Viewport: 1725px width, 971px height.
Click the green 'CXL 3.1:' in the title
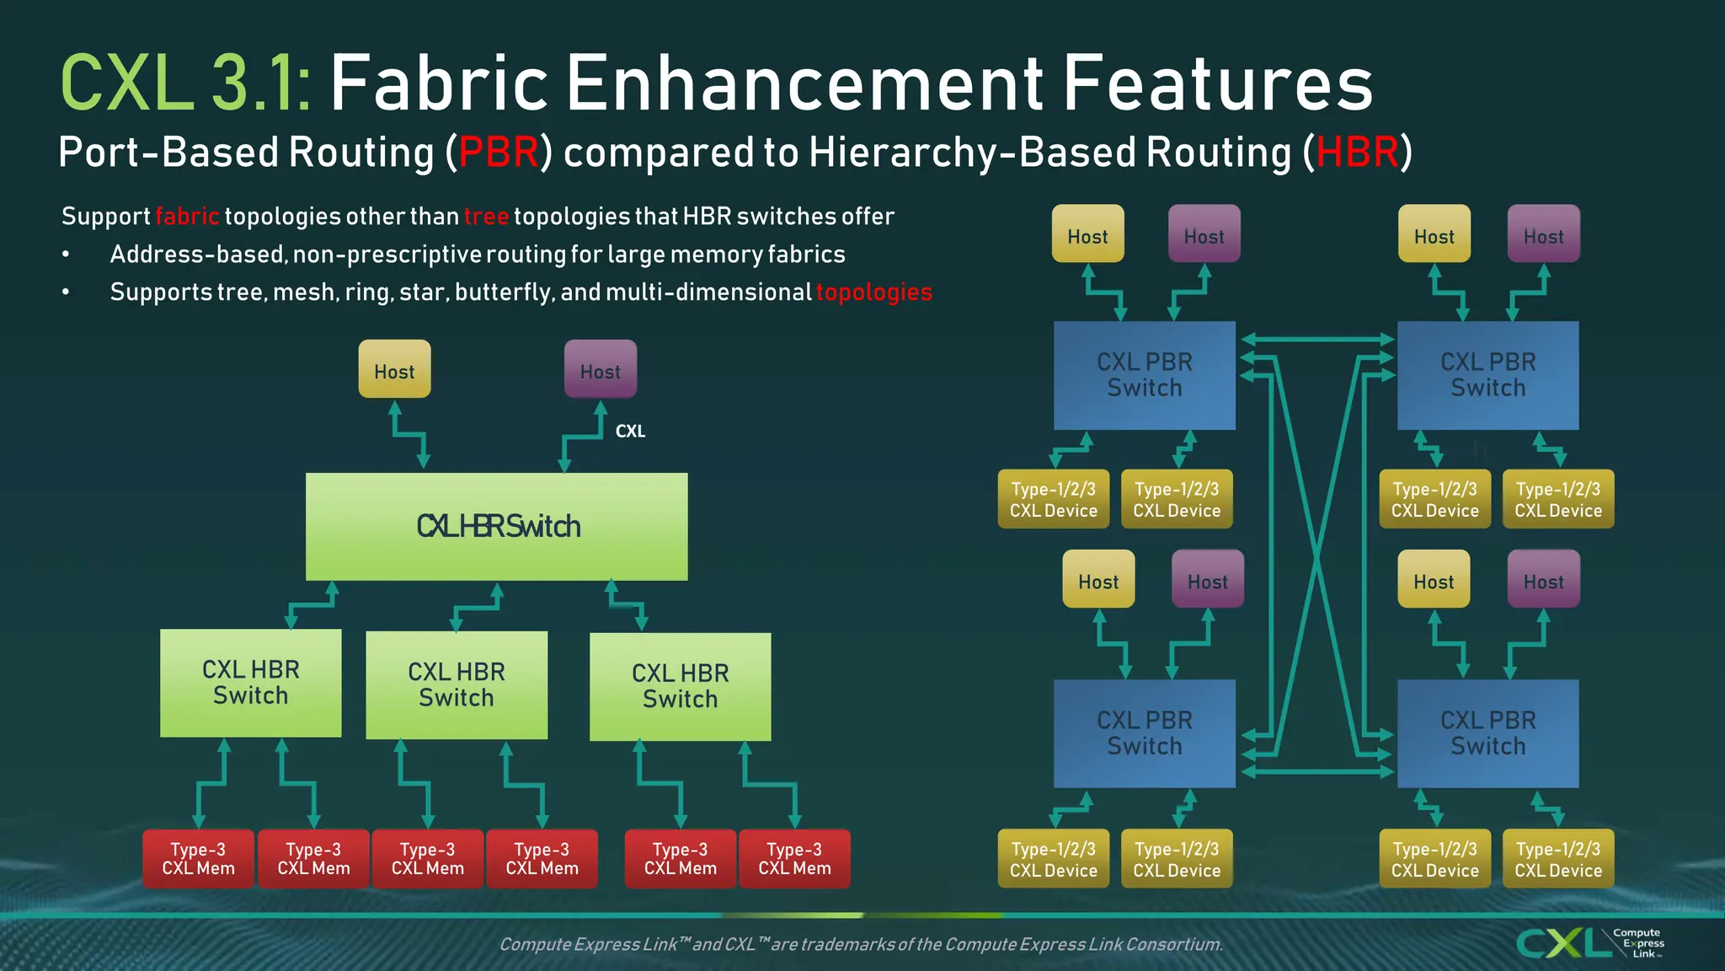pyautogui.click(x=185, y=83)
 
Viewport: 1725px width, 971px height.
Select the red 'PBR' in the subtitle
pyautogui.click(x=499, y=153)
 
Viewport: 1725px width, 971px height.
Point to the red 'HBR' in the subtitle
pyautogui.click(x=1357, y=153)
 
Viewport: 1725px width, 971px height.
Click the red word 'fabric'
pyautogui.click(x=187, y=217)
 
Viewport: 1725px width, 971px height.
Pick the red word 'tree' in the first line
pyautogui.click(x=486, y=217)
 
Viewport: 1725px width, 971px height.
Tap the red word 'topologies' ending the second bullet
pyautogui.click(x=873, y=292)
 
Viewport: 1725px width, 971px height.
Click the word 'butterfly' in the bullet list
pyautogui.click(x=502, y=292)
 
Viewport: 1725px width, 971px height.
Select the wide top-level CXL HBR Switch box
pyautogui.click(x=496, y=527)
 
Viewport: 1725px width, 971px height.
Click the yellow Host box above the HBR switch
pyautogui.click(x=394, y=369)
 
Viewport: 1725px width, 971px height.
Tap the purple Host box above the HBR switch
pyautogui.click(x=600, y=369)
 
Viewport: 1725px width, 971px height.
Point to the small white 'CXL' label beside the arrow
pyautogui.click(x=630, y=432)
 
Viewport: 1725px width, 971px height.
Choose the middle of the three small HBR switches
pyautogui.click(x=457, y=684)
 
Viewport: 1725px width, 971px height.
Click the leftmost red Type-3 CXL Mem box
pyautogui.click(x=198, y=859)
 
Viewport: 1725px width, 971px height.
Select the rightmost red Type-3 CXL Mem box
pyautogui.click(x=794, y=859)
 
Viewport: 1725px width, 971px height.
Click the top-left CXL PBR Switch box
pyautogui.click(x=1144, y=375)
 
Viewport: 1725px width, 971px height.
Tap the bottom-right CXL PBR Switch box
pyautogui.click(x=1487, y=733)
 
